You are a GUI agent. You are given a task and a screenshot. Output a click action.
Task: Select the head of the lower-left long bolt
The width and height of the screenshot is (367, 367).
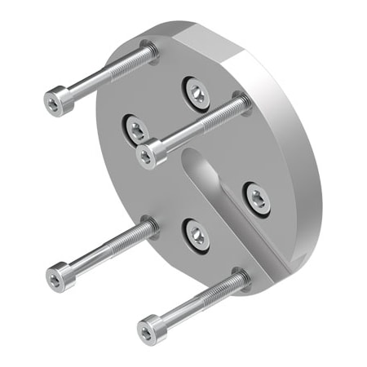point(57,276)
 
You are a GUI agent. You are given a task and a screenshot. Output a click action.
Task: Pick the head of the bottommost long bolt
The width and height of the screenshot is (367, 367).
point(148,328)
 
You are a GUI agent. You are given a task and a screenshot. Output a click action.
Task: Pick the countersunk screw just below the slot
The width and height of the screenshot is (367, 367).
point(197,235)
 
